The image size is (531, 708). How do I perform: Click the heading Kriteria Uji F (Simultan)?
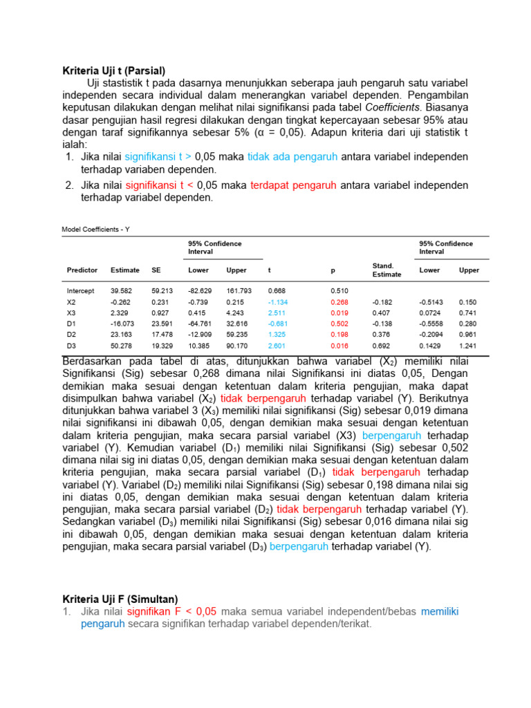click(x=120, y=599)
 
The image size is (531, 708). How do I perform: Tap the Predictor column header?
click(x=82, y=270)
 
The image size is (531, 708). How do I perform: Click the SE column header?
click(x=156, y=270)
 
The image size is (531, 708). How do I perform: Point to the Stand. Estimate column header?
click(x=386, y=270)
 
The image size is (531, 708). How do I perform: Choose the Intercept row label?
click(x=80, y=291)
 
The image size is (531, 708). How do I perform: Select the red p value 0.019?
click(x=339, y=313)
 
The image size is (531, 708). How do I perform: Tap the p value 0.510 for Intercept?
click(x=339, y=291)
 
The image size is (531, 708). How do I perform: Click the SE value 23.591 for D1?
click(x=162, y=324)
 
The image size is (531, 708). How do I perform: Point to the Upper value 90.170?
click(x=239, y=345)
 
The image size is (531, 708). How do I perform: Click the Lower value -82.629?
click(x=200, y=291)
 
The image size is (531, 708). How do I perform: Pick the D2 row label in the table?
click(x=71, y=334)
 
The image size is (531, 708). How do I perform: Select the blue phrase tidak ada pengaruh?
click(x=292, y=156)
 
